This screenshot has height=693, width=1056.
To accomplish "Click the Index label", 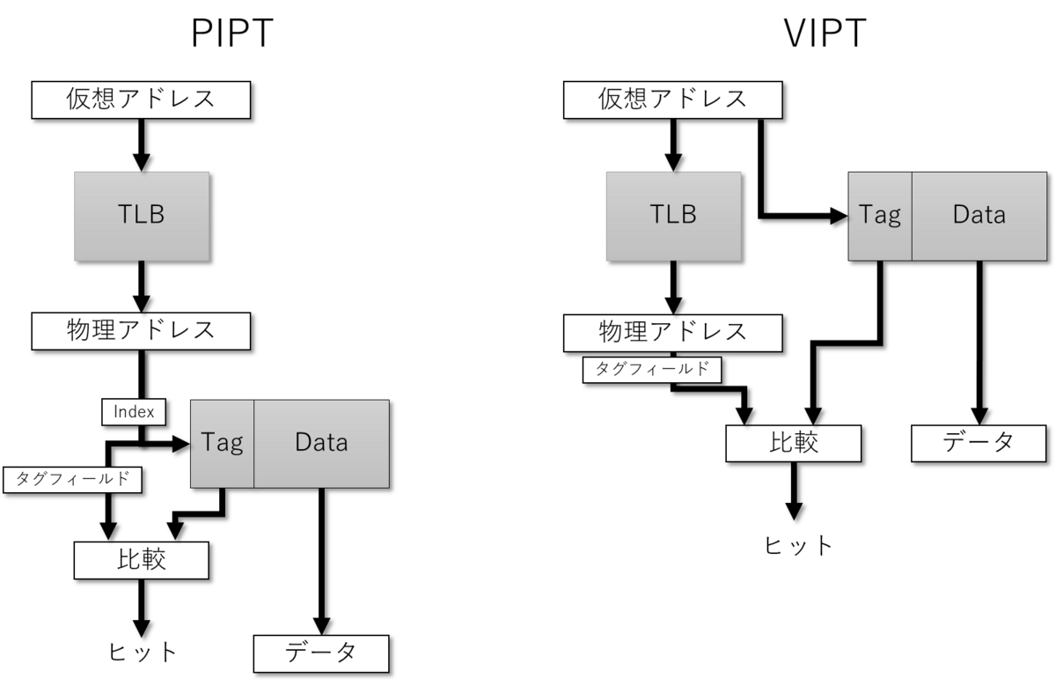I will point(134,412).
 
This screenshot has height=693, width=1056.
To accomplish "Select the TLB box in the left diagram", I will point(141,215).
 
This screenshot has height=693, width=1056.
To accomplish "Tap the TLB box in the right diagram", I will point(673,215).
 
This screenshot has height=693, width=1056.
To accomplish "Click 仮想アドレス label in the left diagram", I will point(141,99).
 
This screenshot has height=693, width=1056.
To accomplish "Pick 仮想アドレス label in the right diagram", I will point(673,99).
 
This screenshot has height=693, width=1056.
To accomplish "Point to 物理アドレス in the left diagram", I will point(141,331).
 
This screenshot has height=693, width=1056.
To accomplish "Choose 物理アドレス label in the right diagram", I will point(673,332).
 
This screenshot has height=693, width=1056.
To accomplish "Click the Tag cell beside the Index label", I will point(222,443).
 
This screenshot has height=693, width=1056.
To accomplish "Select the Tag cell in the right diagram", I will point(880,216).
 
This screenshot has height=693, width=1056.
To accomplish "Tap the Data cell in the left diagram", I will point(321,443).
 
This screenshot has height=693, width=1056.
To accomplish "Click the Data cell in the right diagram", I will point(979,216).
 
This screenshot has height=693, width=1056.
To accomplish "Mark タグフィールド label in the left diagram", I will point(73,480).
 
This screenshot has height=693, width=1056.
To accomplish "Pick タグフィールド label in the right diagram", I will point(652,370).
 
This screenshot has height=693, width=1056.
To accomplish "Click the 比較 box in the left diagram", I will point(141,560).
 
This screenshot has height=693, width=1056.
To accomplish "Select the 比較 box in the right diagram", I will point(793,443).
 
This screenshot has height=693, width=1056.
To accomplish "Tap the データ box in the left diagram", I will point(320,653).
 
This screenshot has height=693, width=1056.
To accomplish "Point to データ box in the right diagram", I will point(979,443).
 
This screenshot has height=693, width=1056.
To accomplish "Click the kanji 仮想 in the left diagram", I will point(92,99).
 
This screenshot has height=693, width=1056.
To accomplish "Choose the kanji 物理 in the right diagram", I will point(624,332).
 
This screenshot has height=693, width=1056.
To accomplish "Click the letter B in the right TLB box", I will point(687,215).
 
